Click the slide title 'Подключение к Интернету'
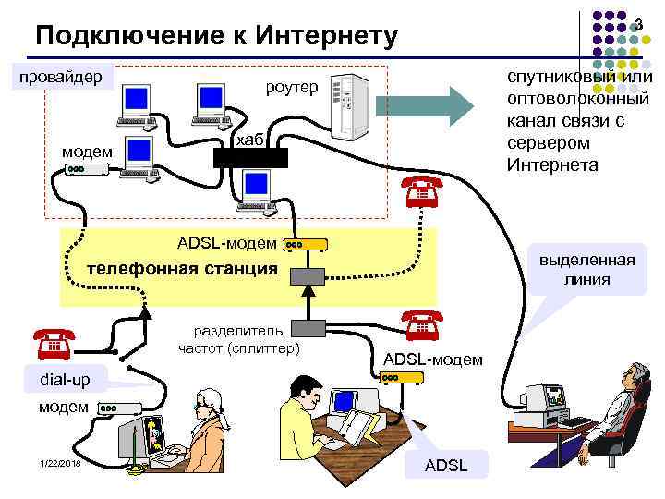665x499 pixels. coord(215,36)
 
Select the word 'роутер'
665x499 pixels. coord(291,88)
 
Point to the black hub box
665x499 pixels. coord(251,158)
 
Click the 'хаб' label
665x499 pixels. coord(250,140)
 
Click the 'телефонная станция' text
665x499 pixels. coord(181,269)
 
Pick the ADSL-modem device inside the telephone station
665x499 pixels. coord(305,245)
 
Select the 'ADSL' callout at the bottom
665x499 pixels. coord(445,465)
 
